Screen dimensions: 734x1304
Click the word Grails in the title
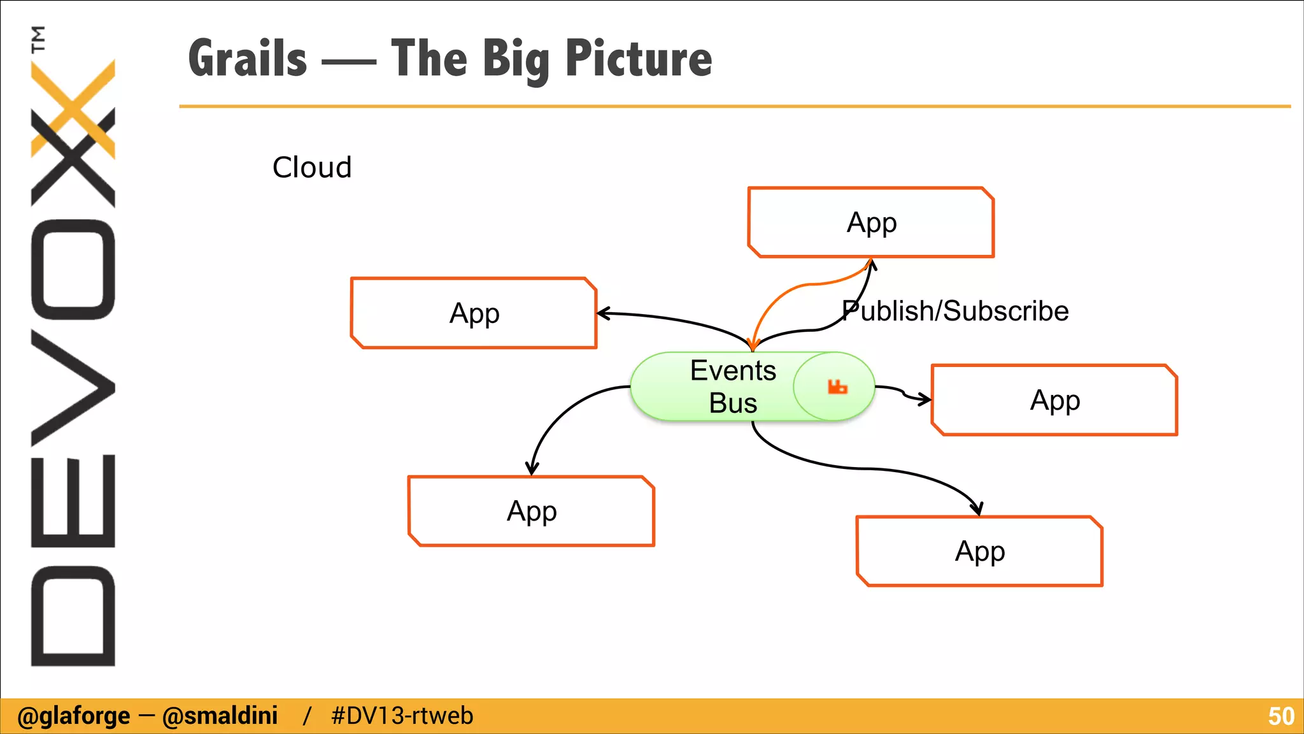pyautogui.click(x=248, y=59)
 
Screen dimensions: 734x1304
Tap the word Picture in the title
pyautogui.click(x=638, y=59)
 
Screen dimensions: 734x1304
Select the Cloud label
pyautogui.click(x=312, y=168)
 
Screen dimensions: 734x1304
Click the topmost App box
pyautogui.click(x=871, y=222)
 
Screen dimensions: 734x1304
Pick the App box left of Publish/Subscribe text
pyautogui.click(x=474, y=313)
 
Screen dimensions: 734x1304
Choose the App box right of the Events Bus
pyautogui.click(x=1054, y=400)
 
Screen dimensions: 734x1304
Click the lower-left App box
pyautogui.click(x=531, y=511)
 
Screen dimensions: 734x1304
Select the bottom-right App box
pyautogui.click(x=979, y=551)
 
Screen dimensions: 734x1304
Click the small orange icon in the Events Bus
pyautogui.click(x=837, y=387)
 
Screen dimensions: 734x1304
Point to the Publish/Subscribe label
pyautogui.click(x=955, y=312)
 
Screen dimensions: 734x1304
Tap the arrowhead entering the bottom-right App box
pyautogui.click(x=977, y=508)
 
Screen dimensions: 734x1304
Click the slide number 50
pyautogui.click(x=1280, y=716)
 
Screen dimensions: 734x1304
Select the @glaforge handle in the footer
pyautogui.click(x=73, y=716)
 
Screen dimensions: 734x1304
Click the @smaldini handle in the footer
pyautogui.click(x=220, y=716)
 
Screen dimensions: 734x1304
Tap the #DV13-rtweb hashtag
pyautogui.click(x=402, y=716)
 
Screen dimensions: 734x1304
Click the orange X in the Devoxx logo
pyautogui.click(x=73, y=108)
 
